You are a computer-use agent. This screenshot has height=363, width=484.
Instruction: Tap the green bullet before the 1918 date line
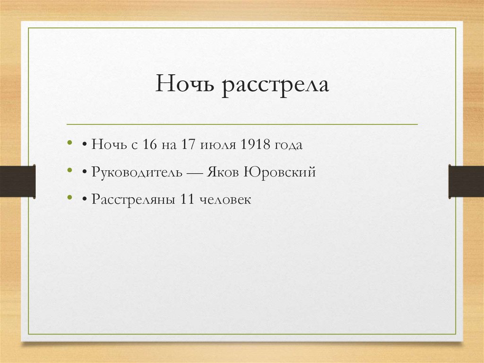click(x=70, y=142)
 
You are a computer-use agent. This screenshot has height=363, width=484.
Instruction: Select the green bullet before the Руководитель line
click(x=70, y=170)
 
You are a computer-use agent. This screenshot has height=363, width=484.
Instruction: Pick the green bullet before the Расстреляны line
click(x=70, y=197)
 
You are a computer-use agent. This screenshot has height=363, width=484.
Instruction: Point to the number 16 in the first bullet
click(x=149, y=144)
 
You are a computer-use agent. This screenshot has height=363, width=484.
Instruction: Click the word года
click(x=288, y=145)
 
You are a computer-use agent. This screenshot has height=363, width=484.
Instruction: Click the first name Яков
click(x=223, y=172)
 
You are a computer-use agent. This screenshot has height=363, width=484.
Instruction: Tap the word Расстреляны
click(x=133, y=200)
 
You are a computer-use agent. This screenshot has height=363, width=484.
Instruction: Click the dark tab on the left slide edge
click(x=17, y=181)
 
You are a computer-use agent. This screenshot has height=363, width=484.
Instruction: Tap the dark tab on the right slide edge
click(x=466, y=181)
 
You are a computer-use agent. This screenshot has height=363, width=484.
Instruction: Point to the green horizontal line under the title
click(x=242, y=124)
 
